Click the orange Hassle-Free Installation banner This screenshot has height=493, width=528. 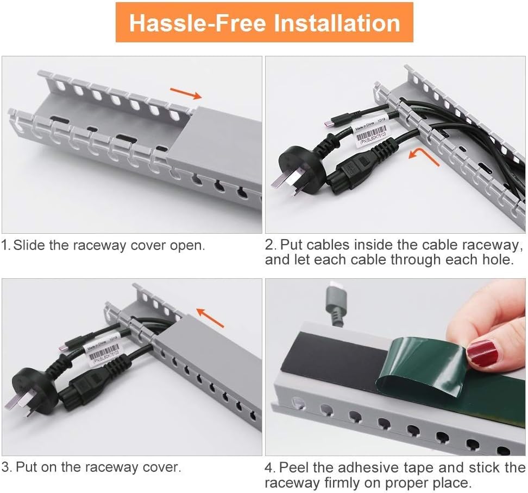tap(264, 23)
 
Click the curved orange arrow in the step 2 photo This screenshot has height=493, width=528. tap(423, 157)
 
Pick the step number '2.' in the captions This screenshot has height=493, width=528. tap(271, 245)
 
